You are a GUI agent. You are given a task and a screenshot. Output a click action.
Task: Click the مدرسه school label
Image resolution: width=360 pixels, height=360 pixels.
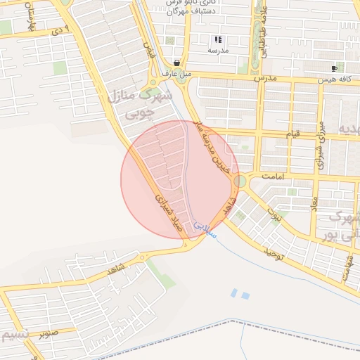tap(218, 51)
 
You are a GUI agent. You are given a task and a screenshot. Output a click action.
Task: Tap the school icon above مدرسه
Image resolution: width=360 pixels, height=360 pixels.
tap(218, 39)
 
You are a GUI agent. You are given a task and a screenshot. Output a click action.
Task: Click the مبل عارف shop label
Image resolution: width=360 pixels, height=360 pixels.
tap(176, 72)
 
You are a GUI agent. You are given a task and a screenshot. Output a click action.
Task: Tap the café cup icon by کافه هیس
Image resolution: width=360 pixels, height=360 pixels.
tap(333, 68)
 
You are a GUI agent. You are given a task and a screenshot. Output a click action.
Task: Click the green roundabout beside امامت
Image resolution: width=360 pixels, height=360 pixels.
tap(241, 181)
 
